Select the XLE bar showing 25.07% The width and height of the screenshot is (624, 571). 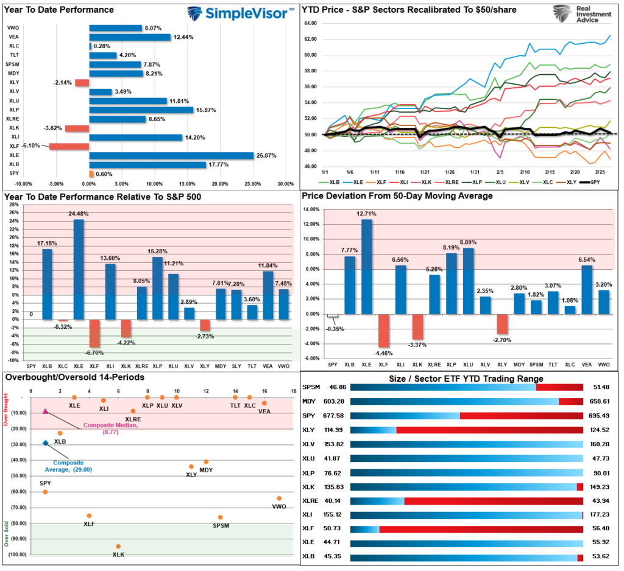tap(171, 156)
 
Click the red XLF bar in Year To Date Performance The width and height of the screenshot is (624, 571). tap(69, 146)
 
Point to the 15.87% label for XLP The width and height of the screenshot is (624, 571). tap(205, 110)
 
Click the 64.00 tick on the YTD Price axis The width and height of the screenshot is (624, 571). tap(310, 23)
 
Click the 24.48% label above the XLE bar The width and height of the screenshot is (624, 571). tap(79, 214)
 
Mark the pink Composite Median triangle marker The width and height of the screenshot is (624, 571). tap(45, 412)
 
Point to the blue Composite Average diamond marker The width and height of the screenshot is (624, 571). tap(45, 443)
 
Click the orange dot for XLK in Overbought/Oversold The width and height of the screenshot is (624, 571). tap(118, 546)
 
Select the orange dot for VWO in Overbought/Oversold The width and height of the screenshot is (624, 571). tap(279, 498)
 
